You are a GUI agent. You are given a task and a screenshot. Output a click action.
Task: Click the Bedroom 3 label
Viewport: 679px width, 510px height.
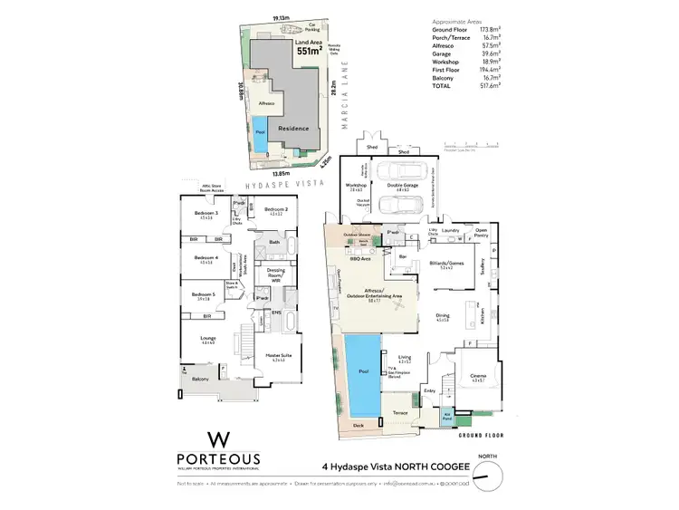point(204,215)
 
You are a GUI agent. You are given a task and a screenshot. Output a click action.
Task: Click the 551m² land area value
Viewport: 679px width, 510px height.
point(309,52)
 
